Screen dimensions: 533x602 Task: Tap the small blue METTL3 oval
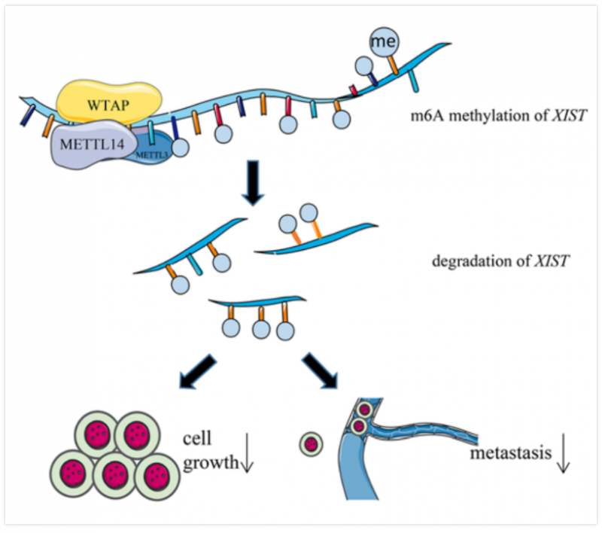pyautogui.click(x=155, y=151)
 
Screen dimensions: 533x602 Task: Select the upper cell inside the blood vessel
pyautogui.click(x=364, y=411)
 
